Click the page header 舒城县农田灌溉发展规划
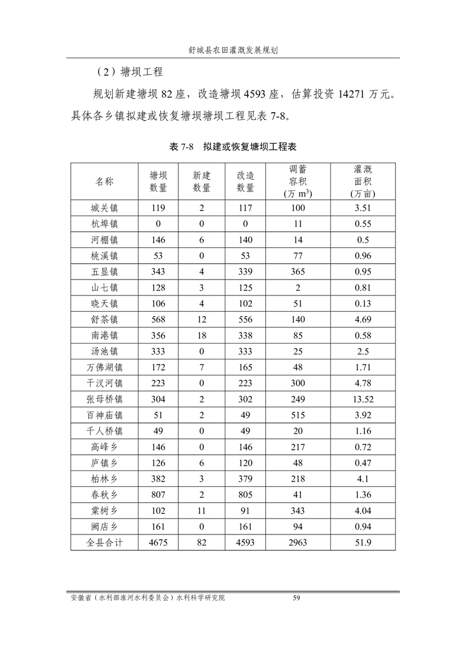[233, 51]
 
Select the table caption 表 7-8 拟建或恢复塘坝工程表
[233, 146]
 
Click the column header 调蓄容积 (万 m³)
[298, 181]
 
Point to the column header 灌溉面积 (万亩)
[362, 181]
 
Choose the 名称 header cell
[104, 181]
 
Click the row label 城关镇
[104, 208]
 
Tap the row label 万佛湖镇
[104, 368]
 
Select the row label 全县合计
[104, 543]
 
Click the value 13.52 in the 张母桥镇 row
[362, 399]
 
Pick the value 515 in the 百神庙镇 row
[298, 415]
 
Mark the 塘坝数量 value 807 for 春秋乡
[158, 495]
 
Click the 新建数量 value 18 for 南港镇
[202, 335]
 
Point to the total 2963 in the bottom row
[298, 543]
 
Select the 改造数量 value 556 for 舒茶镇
[245, 320]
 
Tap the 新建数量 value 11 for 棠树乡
[202, 511]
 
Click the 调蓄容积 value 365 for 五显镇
[298, 272]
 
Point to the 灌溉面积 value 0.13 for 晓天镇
[362, 304]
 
